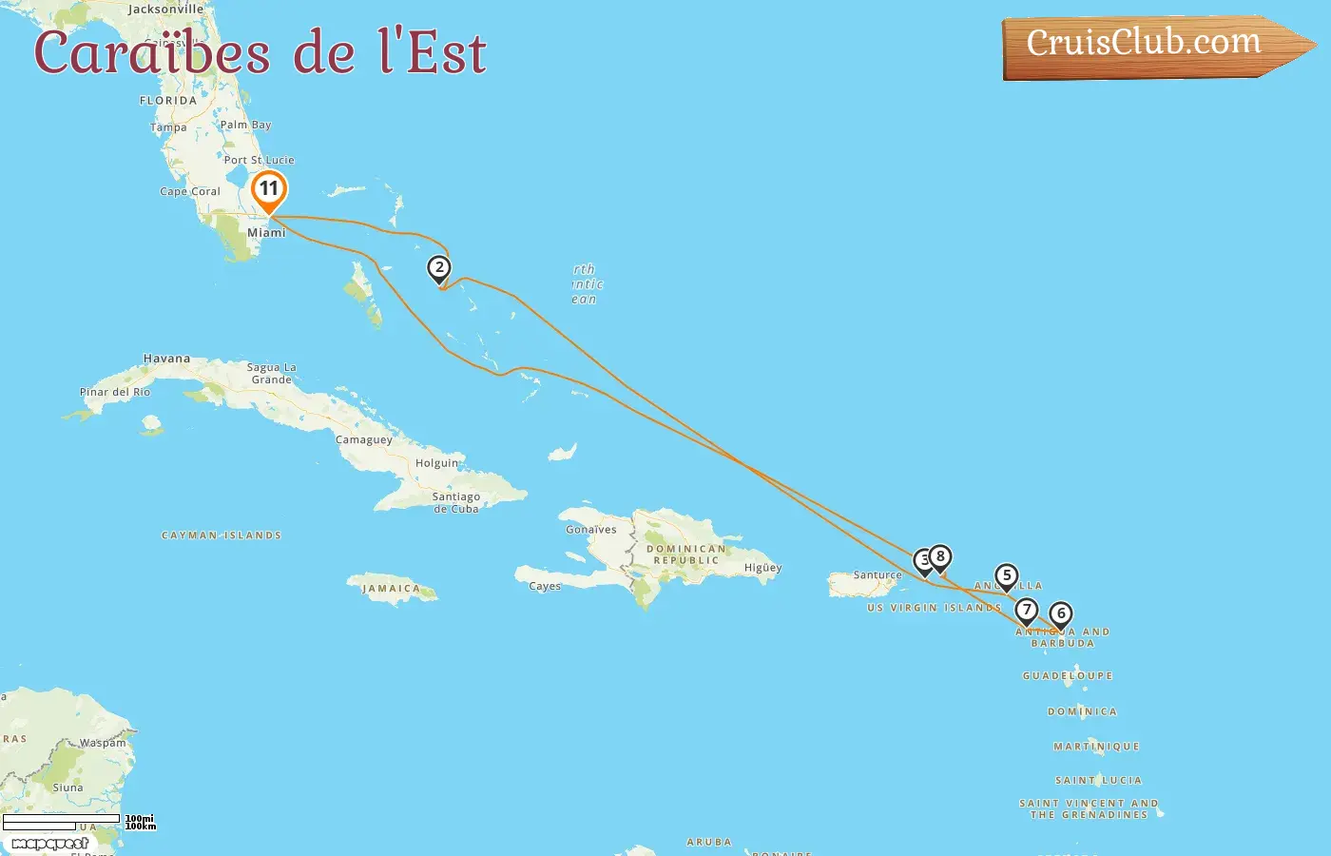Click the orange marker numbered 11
click(269, 189)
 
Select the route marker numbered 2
click(438, 268)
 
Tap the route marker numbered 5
click(1007, 575)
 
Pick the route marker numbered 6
click(1061, 614)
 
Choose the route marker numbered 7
click(1026, 611)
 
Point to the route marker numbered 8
click(940, 557)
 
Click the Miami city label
click(266, 233)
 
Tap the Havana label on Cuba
click(166, 359)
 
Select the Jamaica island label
click(391, 589)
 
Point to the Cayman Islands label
click(222, 535)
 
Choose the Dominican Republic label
click(686, 554)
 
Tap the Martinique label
click(1096, 747)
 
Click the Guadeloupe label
click(1068, 676)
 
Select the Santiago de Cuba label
click(456, 502)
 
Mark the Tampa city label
click(168, 127)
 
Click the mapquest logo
click(50, 844)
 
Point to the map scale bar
click(62, 822)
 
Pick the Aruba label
click(709, 843)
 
